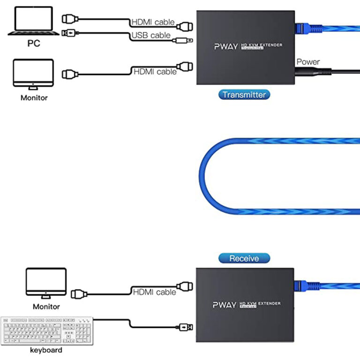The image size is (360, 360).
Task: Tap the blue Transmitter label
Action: (x=244, y=94)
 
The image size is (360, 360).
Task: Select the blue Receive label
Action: (x=244, y=258)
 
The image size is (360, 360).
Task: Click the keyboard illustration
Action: (x=46, y=331)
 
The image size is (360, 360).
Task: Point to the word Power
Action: (x=308, y=61)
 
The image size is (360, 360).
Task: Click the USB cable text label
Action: (x=150, y=36)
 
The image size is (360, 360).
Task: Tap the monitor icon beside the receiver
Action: (x=46, y=283)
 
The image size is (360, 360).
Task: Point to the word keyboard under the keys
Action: (x=46, y=350)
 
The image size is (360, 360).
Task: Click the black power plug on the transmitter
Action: (x=305, y=72)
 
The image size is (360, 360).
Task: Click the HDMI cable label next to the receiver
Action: (x=154, y=292)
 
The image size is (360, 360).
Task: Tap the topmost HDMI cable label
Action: (x=153, y=22)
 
